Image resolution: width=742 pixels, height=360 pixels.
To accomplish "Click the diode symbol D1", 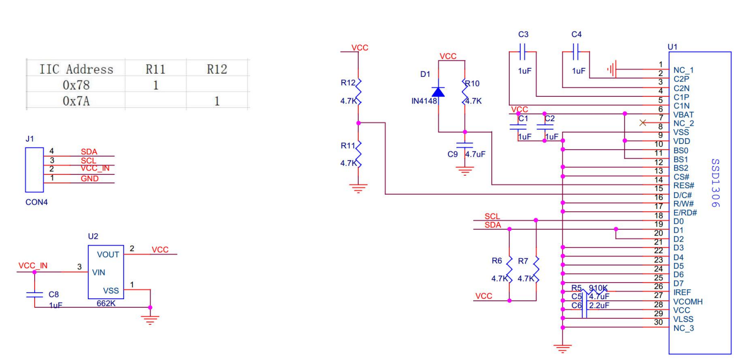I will click(x=438, y=92).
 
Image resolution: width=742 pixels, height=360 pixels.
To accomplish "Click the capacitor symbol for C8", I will click(x=35, y=294).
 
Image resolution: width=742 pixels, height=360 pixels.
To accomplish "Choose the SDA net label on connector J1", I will click(x=89, y=152).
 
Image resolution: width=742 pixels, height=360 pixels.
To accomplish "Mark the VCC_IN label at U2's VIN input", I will click(x=32, y=266).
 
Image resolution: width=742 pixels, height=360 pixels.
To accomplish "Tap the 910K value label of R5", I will click(x=599, y=287).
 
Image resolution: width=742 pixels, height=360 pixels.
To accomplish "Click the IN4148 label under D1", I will click(x=424, y=102).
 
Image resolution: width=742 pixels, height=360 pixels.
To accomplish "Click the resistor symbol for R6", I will click(x=509, y=270).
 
